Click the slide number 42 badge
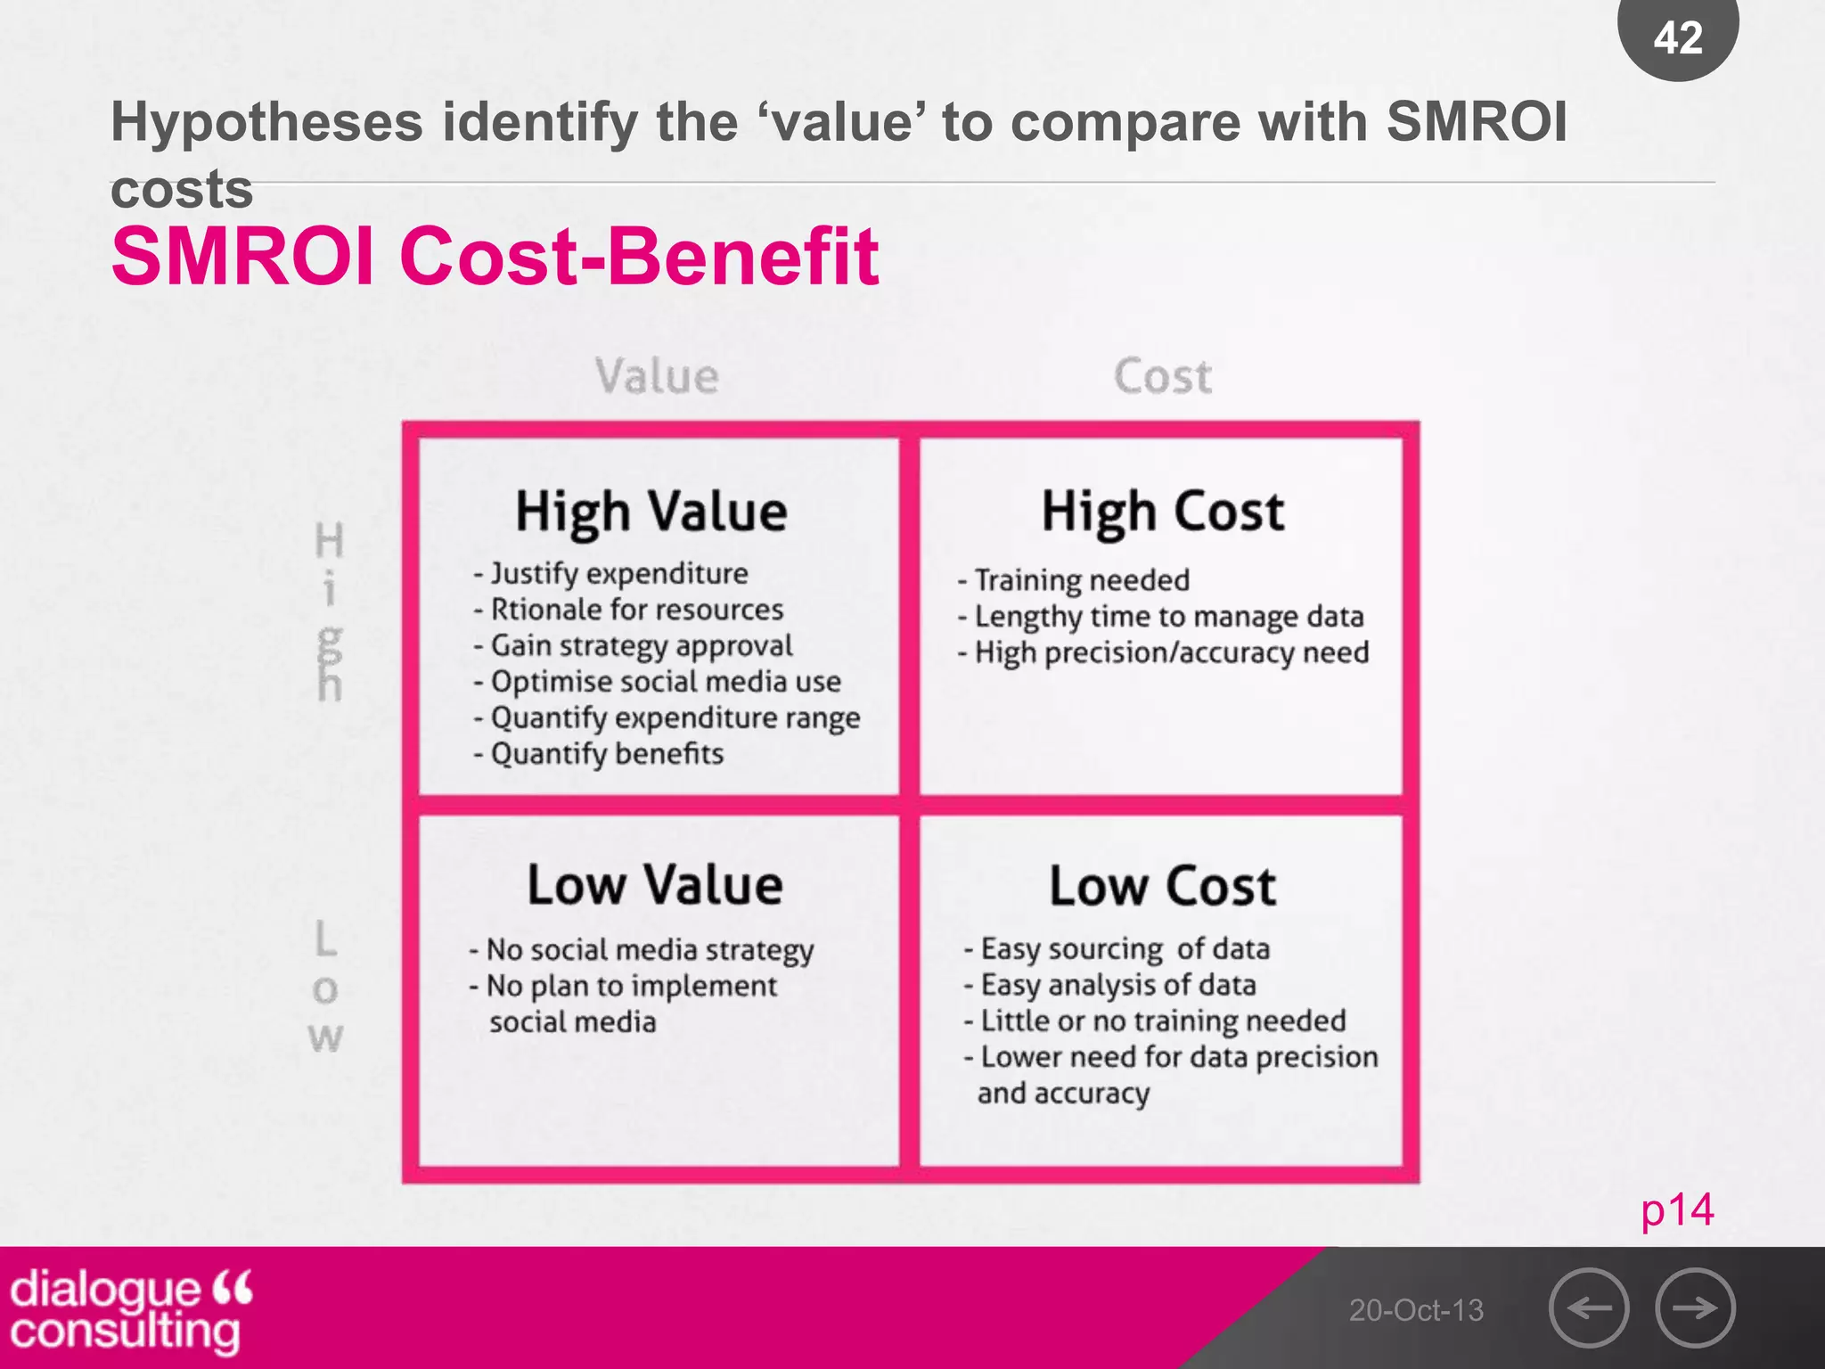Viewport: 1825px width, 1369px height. [x=1678, y=37]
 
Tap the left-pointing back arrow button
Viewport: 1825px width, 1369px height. [x=1589, y=1308]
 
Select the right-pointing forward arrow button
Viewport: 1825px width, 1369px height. [x=1695, y=1308]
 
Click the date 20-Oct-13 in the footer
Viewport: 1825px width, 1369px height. [x=1416, y=1310]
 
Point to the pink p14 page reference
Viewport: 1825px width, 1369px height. [x=1677, y=1210]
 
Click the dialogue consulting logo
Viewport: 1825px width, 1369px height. [x=130, y=1309]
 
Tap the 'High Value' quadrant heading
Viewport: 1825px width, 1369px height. [x=651, y=512]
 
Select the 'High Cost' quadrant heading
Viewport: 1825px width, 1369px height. [x=1163, y=512]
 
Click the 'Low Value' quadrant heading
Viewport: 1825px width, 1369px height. [x=655, y=885]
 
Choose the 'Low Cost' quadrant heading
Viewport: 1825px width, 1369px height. [x=1163, y=886]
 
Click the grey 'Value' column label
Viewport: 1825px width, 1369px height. [x=657, y=375]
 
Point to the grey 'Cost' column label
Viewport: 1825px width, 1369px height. [x=1163, y=375]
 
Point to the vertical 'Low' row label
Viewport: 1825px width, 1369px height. [x=325, y=988]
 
